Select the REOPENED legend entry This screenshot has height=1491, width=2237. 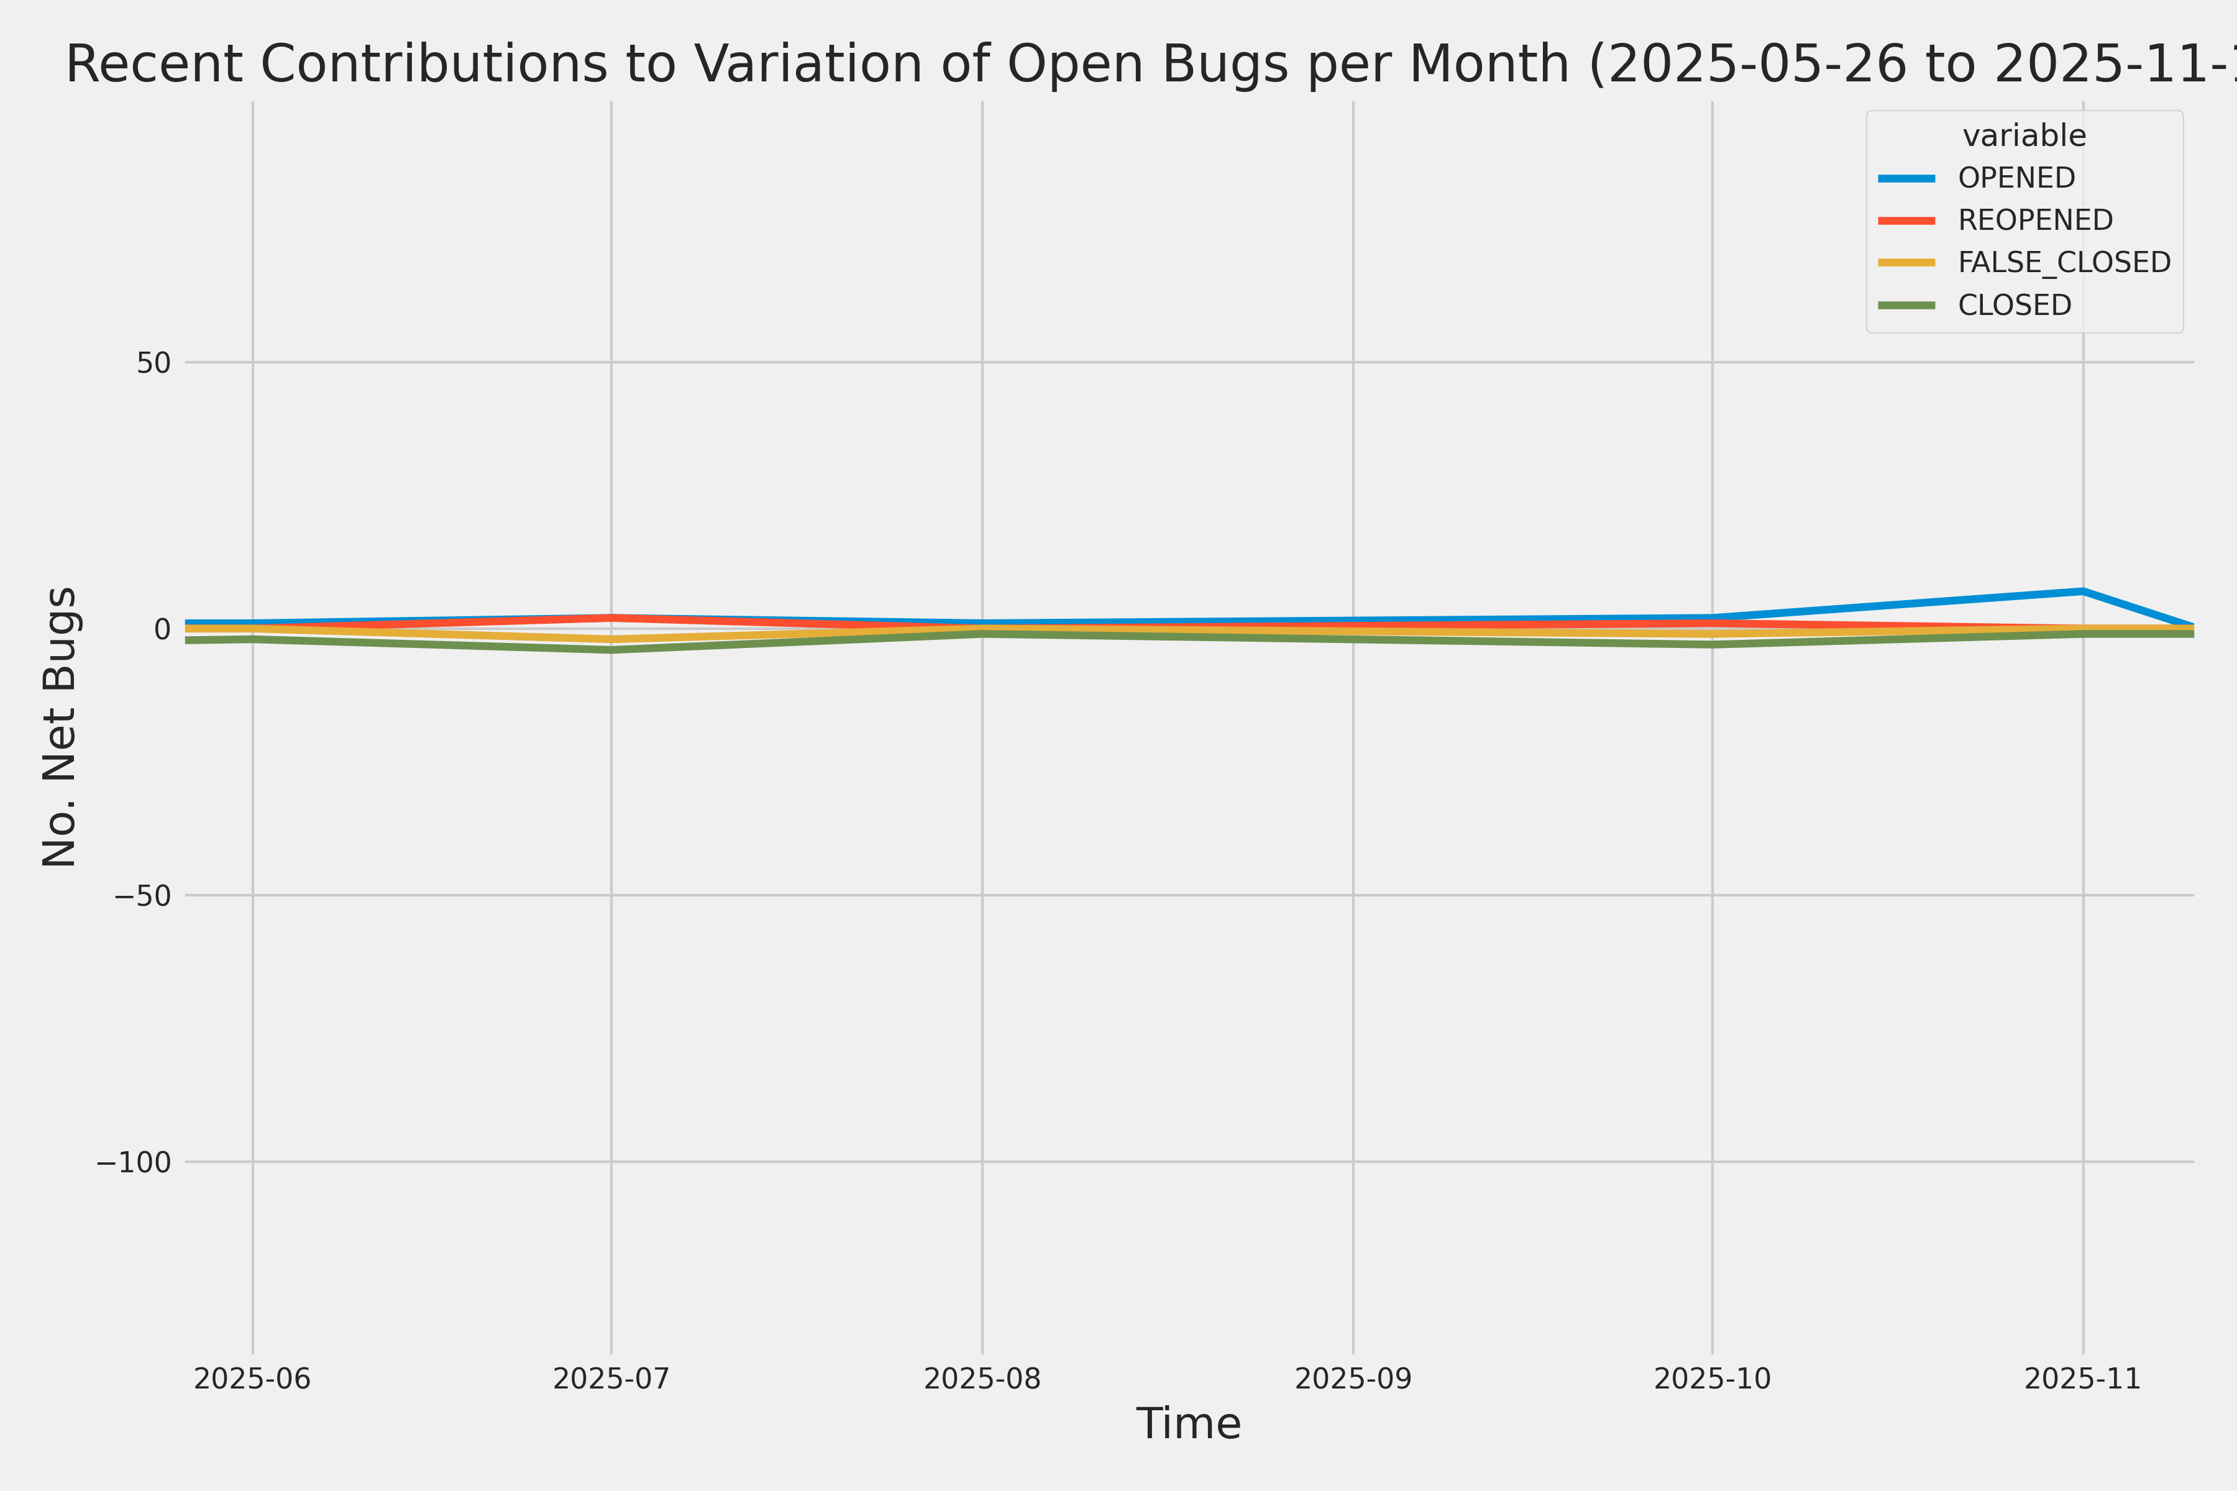click(x=2034, y=221)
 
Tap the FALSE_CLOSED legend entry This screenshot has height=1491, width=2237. click(x=2063, y=262)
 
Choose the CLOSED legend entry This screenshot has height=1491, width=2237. click(x=2013, y=305)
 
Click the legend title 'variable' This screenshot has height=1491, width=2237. click(x=2024, y=136)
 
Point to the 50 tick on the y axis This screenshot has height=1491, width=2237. click(x=153, y=362)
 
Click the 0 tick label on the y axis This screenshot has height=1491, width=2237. click(x=162, y=629)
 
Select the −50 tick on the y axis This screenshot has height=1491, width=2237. click(x=143, y=896)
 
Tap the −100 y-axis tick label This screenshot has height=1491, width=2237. click(x=133, y=1162)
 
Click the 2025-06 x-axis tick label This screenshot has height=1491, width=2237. click(x=252, y=1379)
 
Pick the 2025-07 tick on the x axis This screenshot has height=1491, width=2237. click(x=611, y=1379)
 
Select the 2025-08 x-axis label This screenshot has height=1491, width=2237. click(x=982, y=1379)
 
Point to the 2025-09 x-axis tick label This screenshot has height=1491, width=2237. click(x=1353, y=1379)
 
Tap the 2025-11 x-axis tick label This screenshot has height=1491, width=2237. click(x=2083, y=1379)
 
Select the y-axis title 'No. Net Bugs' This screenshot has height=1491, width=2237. click(x=60, y=726)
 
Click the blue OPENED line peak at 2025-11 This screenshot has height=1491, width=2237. click(x=2083, y=591)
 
